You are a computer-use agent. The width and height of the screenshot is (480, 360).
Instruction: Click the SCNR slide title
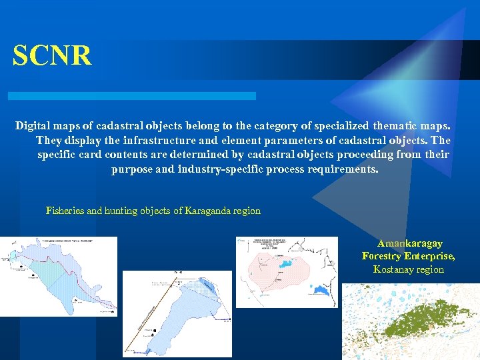click(52, 56)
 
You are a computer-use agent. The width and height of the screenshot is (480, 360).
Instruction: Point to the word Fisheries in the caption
click(65, 211)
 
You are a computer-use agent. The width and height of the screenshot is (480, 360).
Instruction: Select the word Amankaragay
click(409, 244)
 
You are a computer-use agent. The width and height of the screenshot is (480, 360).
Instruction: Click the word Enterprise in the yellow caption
click(431, 257)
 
